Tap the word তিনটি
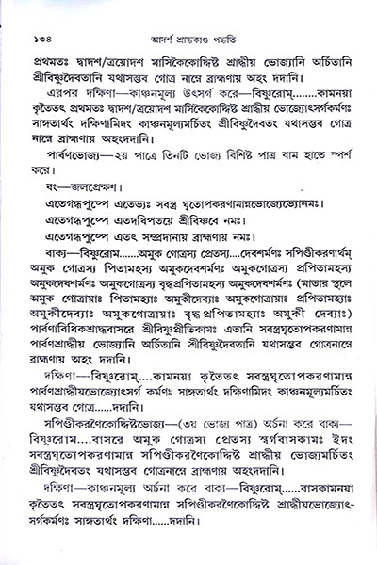pos(180,155)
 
